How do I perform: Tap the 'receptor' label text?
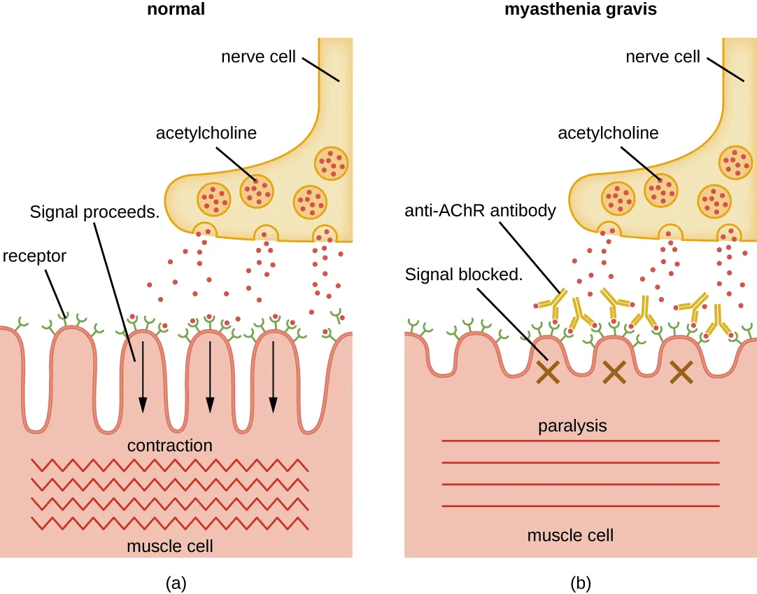(34, 256)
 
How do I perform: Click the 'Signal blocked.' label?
(464, 275)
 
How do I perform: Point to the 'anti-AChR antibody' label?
(480, 211)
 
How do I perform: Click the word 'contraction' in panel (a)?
(169, 445)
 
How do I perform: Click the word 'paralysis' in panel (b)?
(572, 425)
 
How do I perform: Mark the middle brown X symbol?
(614, 373)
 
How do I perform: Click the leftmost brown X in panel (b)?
(547, 373)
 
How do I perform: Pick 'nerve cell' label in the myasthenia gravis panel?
(663, 57)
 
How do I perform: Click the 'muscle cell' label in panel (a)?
(169, 545)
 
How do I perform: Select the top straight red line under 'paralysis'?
(581, 441)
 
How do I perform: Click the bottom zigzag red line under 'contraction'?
(169, 523)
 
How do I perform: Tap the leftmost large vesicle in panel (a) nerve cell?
(213, 199)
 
